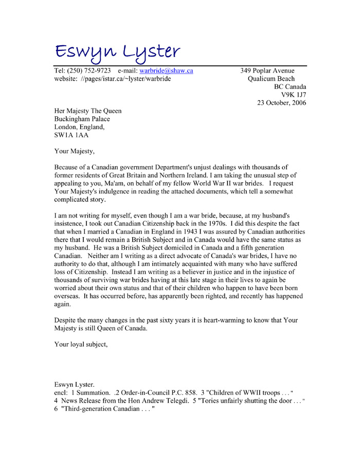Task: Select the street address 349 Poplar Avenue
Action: pyautogui.click(x=267, y=70)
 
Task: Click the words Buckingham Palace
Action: pyautogui.click(x=82, y=119)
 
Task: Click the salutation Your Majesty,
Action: pyautogui.click(x=75, y=151)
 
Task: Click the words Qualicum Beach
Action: pyautogui.click(x=271, y=79)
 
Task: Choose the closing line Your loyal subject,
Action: pyautogui.click(x=81, y=345)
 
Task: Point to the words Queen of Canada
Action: pyautogui.click(x=122, y=329)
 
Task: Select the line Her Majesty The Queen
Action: pyautogui.click(x=88, y=111)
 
